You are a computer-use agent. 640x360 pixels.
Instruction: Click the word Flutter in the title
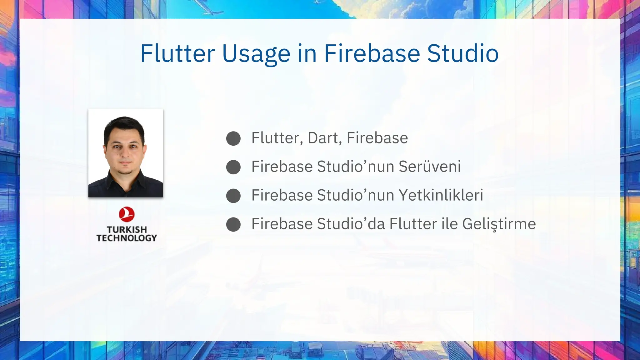point(177,53)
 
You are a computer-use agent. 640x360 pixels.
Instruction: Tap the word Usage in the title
point(256,54)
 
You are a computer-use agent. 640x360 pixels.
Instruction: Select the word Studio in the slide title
point(462,53)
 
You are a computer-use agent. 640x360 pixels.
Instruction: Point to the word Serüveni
point(430,166)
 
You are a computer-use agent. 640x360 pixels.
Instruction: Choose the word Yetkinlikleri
point(441,195)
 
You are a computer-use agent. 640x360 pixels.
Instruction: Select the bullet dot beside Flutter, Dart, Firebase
point(233,138)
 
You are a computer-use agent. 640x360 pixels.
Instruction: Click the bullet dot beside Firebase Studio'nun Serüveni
point(233,167)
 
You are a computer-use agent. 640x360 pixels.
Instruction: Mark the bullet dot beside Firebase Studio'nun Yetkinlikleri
point(233,196)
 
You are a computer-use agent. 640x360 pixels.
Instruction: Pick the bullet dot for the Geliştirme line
point(233,224)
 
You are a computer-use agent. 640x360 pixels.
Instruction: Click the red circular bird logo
point(127,214)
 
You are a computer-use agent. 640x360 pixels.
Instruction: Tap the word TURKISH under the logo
point(127,229)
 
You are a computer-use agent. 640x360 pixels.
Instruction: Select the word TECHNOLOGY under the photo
point(127,238)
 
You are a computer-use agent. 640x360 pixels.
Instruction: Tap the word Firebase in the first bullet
point(377,138)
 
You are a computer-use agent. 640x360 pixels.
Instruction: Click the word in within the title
point(307,53)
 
